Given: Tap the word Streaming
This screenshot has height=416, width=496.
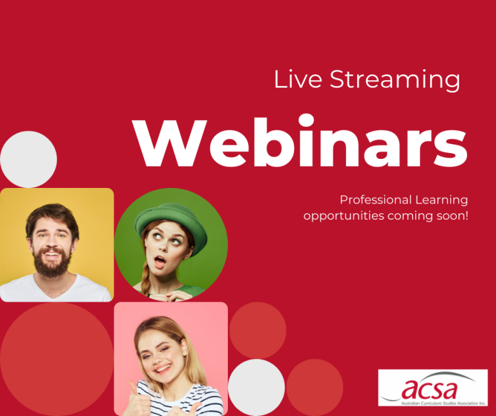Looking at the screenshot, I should (395, 80).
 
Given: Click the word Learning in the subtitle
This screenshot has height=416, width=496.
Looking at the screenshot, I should (441, 200).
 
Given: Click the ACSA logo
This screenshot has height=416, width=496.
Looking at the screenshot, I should (432, 388).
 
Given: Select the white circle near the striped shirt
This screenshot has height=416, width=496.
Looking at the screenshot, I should (256, 387).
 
